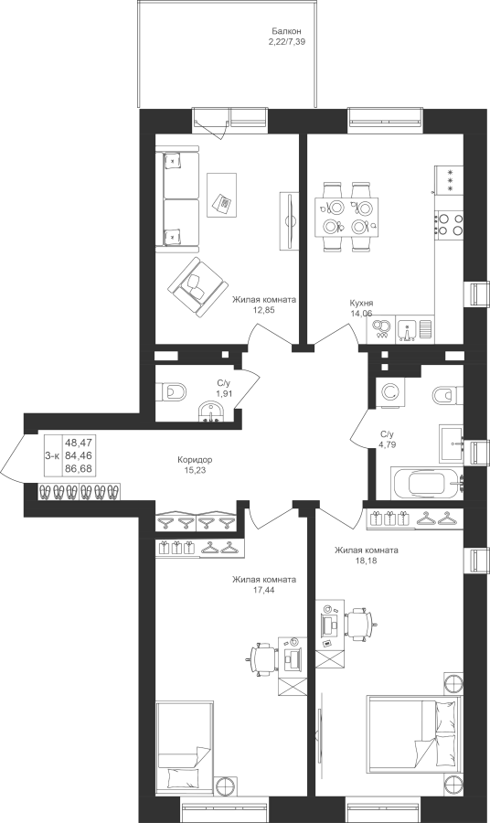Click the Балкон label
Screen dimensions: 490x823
point(286,31)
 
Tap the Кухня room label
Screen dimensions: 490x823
point(361,304)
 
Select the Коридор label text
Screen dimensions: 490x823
point(195,460)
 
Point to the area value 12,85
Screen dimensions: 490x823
point(264,310)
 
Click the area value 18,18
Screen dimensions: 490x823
point(367,560)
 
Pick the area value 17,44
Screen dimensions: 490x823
point(264,590)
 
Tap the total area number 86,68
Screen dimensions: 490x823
point(74,468)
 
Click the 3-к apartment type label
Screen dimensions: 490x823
point(52,456)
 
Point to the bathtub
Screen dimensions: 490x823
point(428,483)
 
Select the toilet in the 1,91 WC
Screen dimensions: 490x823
point(172,392)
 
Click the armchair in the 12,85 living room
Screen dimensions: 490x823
point(197,286)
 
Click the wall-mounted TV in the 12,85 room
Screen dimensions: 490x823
point(289,221)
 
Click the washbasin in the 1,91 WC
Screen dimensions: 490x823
point(212,411)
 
